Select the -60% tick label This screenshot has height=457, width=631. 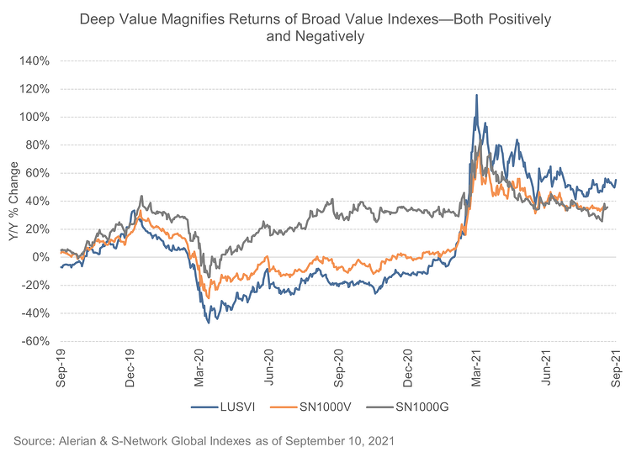click(37, 341)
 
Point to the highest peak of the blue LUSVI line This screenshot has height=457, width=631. click(477, 95)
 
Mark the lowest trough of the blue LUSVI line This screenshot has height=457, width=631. click(208, 323)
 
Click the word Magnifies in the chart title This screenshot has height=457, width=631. click(194, 18)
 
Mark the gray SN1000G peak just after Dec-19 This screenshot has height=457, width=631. click(141, 197)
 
